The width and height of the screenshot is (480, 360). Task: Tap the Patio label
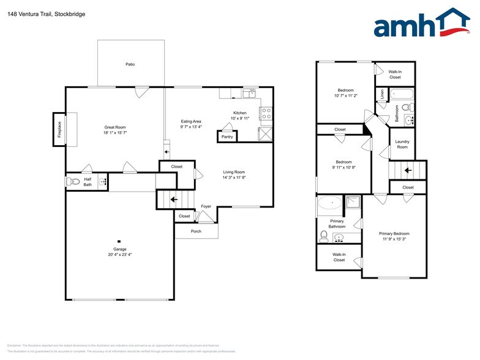[130, 64]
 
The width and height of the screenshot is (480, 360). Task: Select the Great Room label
[114, 127]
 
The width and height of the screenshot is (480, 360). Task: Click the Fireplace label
[60, 130]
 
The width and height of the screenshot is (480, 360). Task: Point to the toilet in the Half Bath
[73, 181]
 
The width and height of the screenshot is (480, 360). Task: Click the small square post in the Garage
[119, 241]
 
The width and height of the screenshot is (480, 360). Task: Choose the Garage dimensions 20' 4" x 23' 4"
[119, 254]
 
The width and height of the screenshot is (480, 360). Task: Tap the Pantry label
[227, 137]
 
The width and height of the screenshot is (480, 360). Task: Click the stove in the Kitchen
[266, 113]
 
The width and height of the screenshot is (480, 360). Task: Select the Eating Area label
[191, 121]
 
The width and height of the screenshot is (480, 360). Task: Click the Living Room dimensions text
[233, 178]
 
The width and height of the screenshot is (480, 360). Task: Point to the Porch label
[196, 231]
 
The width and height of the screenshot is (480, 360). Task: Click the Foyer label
[206, 206]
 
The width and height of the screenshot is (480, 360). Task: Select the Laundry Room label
[402, 144]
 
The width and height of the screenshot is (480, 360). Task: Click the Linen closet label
[382, 95]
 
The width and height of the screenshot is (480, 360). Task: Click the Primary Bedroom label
[394, 234]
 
